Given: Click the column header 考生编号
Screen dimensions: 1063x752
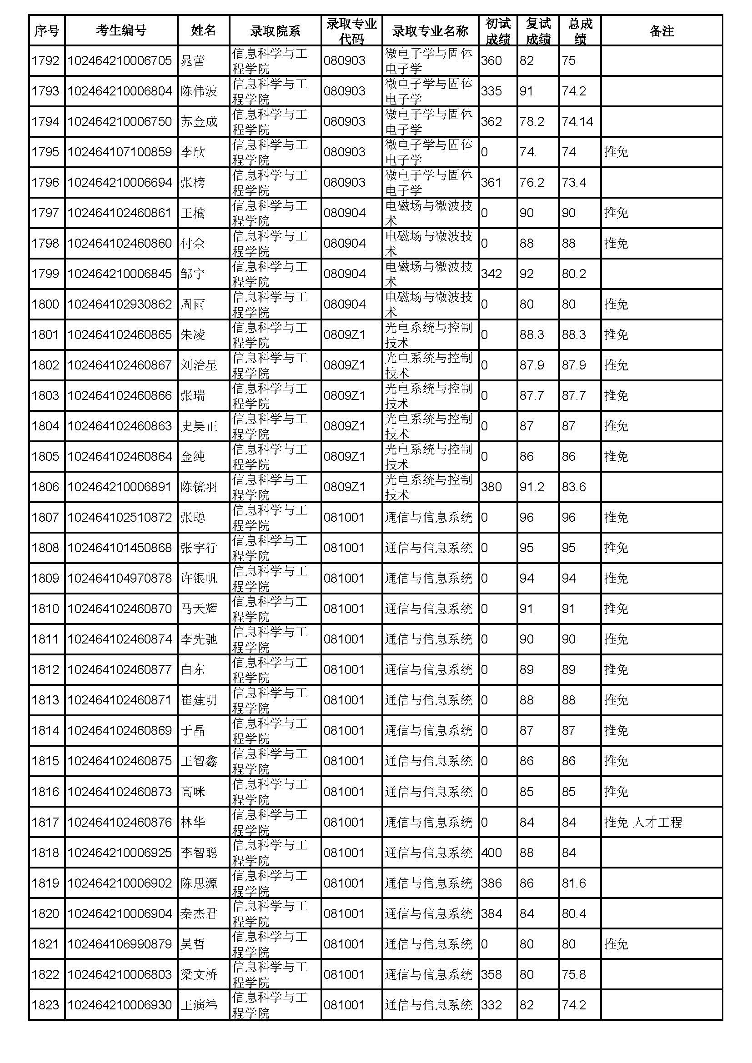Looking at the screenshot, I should pos(121,30).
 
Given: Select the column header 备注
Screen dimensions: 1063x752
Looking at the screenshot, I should pos(661,30).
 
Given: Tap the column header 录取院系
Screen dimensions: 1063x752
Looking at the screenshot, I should pos(275,30).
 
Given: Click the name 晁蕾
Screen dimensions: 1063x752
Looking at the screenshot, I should pos(193,60).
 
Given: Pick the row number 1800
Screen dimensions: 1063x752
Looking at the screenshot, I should pos(45,304).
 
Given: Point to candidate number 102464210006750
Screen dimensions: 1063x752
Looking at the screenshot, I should pos(120,121).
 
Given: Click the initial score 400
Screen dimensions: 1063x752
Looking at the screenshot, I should pos(491,852).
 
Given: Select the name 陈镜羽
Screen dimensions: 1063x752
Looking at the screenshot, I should pos(199,487).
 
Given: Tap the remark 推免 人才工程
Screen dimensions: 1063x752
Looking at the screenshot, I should pos(643,822).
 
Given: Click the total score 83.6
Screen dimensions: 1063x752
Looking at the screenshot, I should pos(574,487).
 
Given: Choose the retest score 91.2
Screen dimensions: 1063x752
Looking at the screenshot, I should pos(531,487).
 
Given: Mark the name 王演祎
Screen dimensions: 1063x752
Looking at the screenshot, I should pos(199,1005).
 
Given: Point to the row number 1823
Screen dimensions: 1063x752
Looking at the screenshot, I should pos(45,1005).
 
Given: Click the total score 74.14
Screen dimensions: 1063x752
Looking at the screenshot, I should pos(577,121).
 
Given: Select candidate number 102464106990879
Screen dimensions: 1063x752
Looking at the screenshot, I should pos(120,944).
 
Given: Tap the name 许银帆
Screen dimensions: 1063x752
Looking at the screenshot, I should pos(199,578).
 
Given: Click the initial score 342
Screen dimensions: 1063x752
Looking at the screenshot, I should pos(491,274).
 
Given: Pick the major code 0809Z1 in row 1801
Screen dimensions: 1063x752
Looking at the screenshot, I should pos(345,335).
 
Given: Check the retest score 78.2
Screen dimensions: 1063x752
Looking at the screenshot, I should pos(531,121).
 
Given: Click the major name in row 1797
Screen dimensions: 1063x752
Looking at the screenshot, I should pos(428,213).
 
